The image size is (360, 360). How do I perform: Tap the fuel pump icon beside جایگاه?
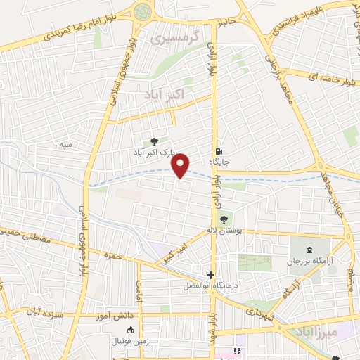(x=219, y=150)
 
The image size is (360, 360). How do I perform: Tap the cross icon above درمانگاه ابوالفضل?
(x=210, y=275)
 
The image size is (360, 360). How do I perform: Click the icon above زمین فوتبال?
(x=129, y=330)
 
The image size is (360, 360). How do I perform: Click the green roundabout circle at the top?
(x=143, y=11)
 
